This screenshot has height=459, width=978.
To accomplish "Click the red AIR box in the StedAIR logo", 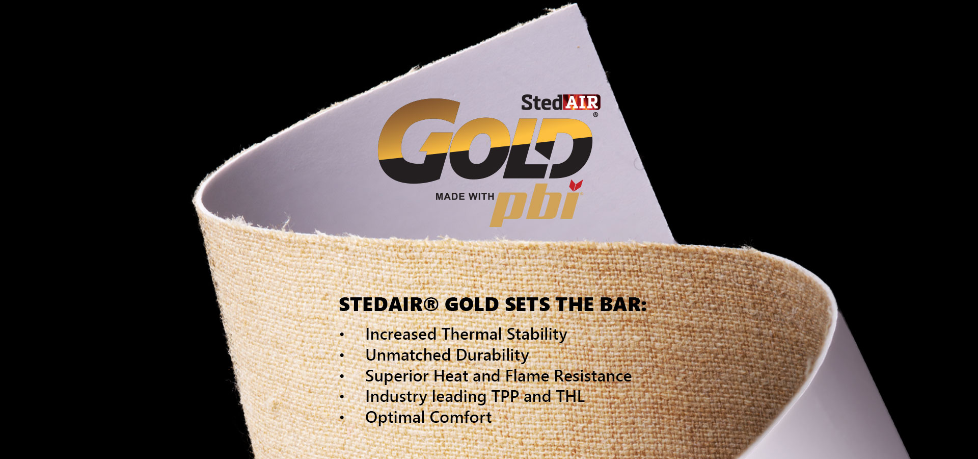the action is pos(582,103).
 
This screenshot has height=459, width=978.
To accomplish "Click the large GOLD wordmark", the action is pos(485,141).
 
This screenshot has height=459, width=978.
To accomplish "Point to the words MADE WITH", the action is pos(465,197).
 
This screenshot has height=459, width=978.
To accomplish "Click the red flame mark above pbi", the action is pos(576,185).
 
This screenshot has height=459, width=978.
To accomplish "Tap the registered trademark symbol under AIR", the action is pos(595,115).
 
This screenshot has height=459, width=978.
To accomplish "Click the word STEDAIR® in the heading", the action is pos(389,304).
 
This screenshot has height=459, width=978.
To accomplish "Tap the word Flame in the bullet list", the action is pos(527,376).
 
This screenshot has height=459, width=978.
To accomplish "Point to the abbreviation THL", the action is pos(570,397).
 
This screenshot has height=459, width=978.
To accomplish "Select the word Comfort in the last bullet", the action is pos(460,417).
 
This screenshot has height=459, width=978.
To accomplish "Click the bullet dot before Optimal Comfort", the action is pos(342,418).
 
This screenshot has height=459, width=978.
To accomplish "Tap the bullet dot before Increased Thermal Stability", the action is pos(342,335).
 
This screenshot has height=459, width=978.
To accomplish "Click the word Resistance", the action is pos(593,376).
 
